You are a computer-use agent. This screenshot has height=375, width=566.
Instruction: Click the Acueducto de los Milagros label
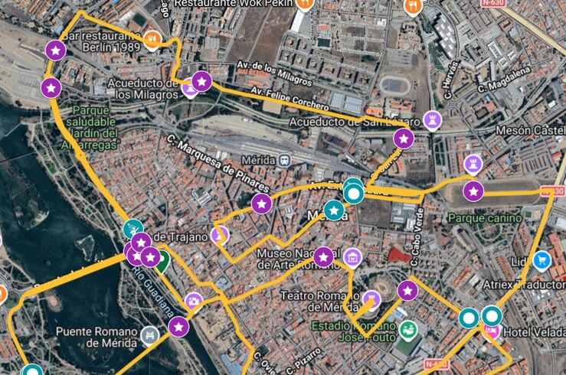point(142,88)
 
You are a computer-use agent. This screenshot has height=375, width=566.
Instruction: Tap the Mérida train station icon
point(285,161)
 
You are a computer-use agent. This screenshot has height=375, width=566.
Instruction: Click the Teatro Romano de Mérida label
point(318,301)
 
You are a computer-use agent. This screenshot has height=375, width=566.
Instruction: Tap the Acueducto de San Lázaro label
point(355,122)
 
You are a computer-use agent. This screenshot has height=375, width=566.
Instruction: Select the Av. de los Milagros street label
point(273,73)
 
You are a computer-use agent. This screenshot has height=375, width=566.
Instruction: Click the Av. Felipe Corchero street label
point(290,99)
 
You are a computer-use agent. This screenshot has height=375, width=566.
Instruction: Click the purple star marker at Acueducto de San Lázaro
point(404,139)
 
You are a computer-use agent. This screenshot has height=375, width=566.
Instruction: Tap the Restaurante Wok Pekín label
point(233,4)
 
